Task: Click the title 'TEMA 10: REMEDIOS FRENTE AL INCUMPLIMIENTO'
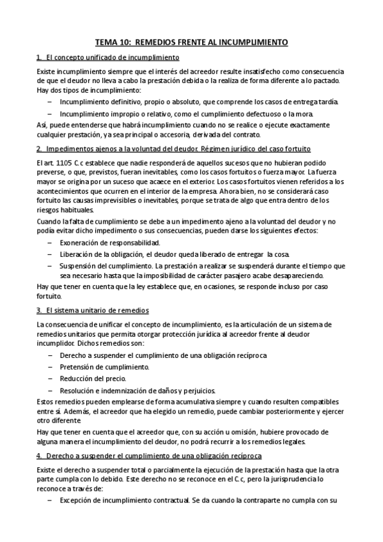click(x=191, y=42)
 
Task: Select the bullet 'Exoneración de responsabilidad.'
click(x=101, y=244)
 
